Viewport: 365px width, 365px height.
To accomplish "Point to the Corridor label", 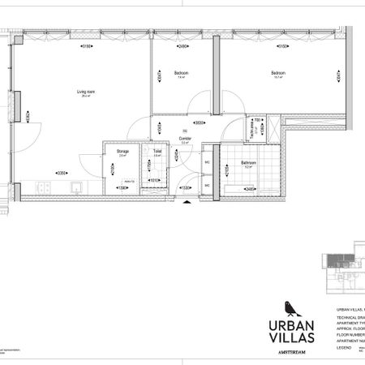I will (x=185, y=139).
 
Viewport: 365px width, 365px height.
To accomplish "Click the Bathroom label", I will (x=248, y=162).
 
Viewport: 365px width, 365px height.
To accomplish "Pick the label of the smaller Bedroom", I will (x=181, y=74).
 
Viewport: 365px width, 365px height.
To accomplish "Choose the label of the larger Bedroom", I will (x=278, y=74).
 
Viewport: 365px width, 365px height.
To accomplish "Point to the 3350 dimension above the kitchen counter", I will (x=60, y=173).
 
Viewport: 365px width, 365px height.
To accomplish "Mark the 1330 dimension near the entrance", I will (x=185, y=187).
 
